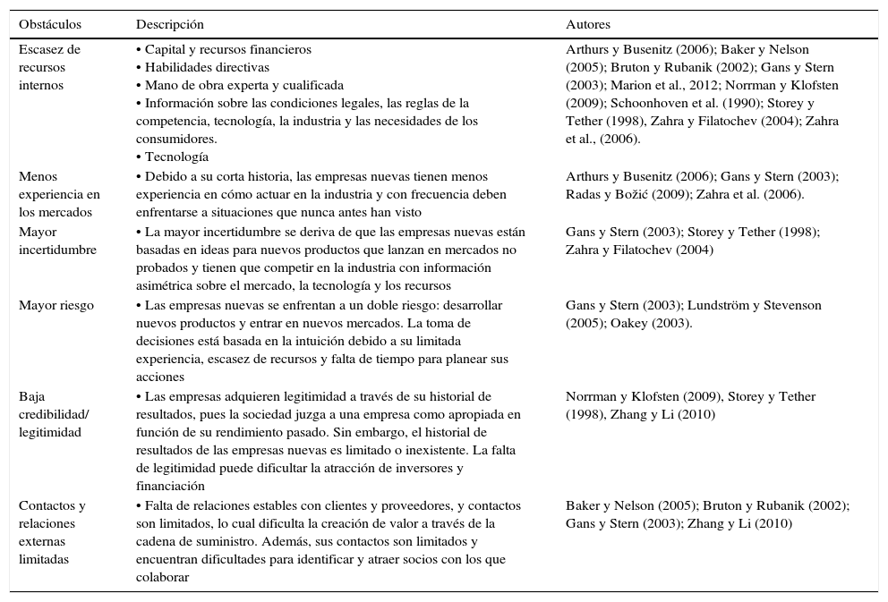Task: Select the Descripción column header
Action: click(169, 24)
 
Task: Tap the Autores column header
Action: click(588, 24)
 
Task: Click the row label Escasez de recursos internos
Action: click(49, 67)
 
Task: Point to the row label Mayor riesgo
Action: click(56, 306)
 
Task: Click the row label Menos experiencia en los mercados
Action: click(59, 194)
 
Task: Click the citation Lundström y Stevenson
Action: click(741, 306)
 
